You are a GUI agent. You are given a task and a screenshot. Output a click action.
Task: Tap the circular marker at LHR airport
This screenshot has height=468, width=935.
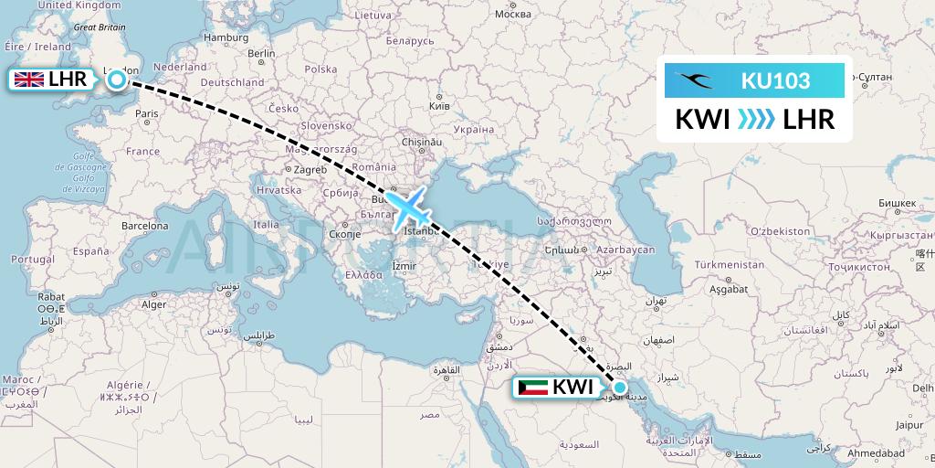[x=117, y=80]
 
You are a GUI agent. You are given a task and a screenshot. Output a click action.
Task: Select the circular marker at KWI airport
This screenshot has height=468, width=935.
[x=620, y=387]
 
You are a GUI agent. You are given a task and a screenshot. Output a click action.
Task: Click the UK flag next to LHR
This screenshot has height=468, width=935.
[x=28, y=80]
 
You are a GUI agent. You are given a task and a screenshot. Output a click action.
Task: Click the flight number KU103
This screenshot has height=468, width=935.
[x=775, y=80]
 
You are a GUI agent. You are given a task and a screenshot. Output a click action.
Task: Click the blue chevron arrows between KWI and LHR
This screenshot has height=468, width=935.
[x=754, y=119]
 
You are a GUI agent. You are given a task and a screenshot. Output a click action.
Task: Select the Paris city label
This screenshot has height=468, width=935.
[x=147, y=113]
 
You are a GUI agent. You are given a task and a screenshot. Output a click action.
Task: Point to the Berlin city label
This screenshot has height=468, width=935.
[x=260, y=53]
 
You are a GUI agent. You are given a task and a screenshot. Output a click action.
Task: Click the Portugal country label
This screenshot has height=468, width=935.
[x=23, y=260]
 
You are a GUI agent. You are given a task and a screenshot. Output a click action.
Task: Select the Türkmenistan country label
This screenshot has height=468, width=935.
[x=730, y=264]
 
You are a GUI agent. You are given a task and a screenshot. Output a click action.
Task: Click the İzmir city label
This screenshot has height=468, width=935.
[x=404, y=266]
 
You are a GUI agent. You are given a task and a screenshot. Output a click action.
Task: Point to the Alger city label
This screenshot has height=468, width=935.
[x=153, y=304]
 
